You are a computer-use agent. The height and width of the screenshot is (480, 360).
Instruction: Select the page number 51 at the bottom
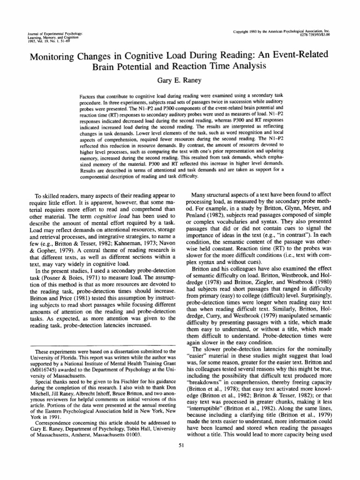[x=180, y=445]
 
